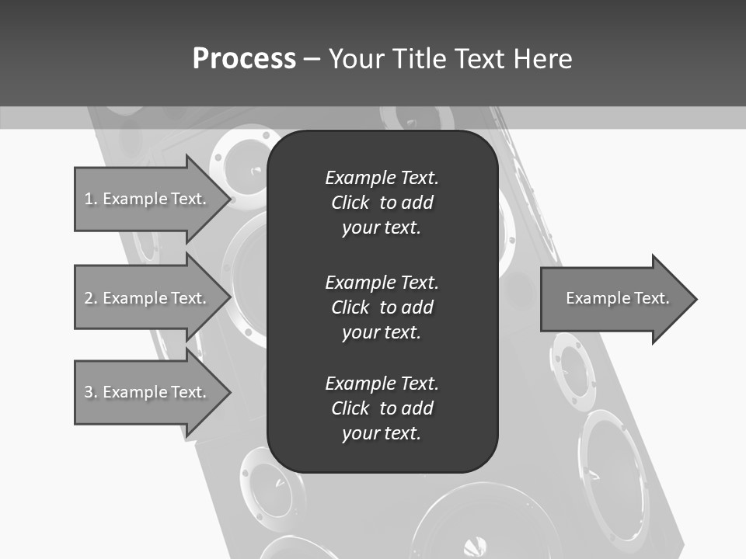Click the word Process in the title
point(244,59)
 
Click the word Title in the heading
point(420,59)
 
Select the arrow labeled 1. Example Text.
point(148,199)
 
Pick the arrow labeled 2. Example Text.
point(148,298)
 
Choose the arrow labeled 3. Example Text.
point(148,392)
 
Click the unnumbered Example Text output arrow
point(614,298)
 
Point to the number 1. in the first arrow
point(90,199)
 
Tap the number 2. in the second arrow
point(90,298)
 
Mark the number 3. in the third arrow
point(90,392)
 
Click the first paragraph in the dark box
point(382,203)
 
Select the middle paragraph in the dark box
point(382,307)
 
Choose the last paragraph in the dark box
point(382,408)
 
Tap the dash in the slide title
point(312,59)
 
